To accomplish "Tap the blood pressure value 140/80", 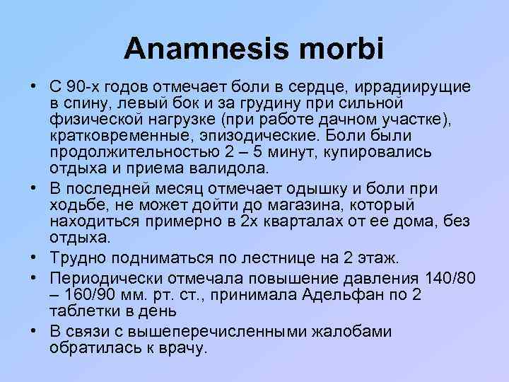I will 445,275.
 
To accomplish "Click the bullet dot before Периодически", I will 34,275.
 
